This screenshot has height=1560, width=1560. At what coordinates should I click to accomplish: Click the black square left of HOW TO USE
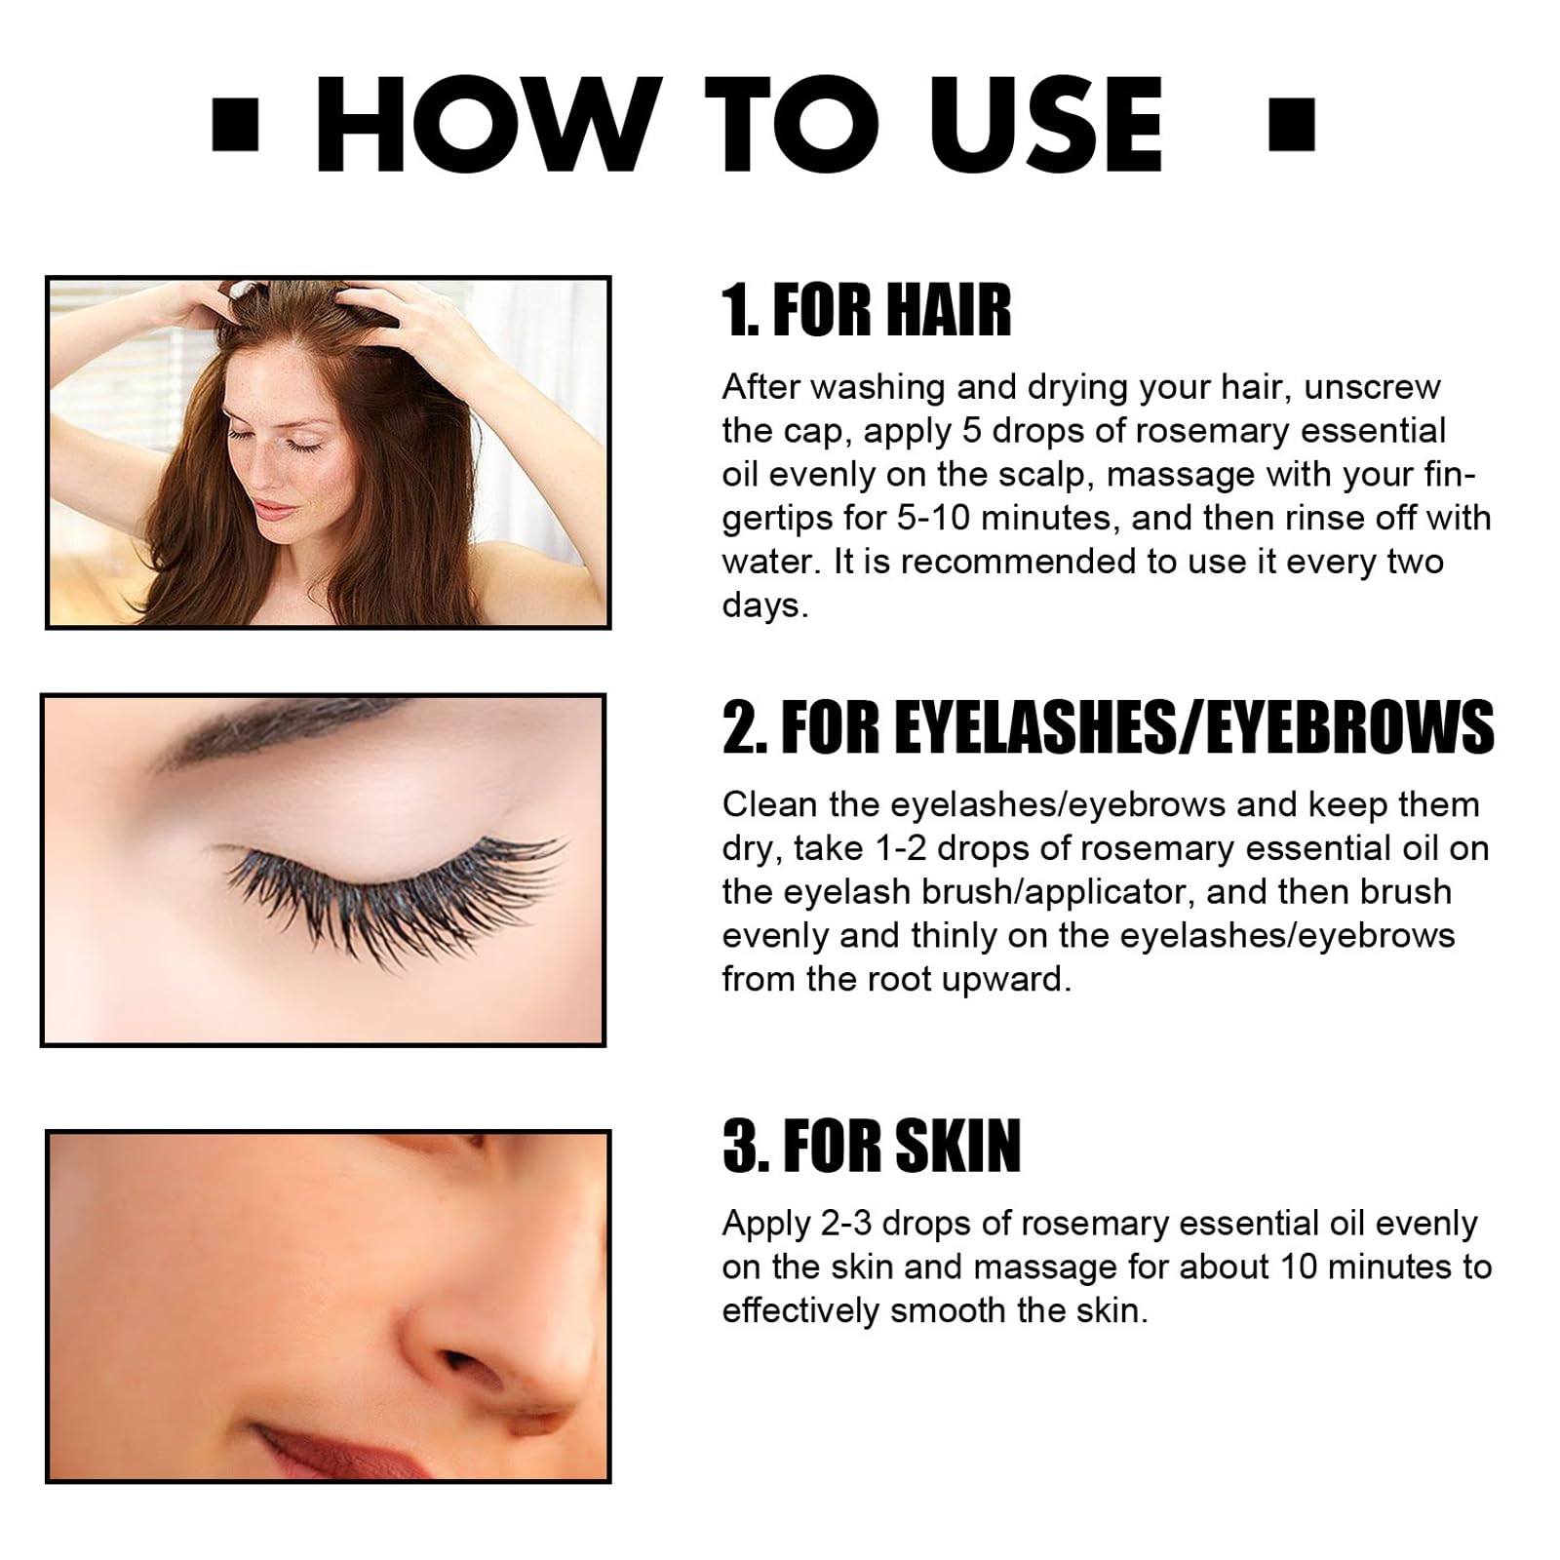click(235, 125)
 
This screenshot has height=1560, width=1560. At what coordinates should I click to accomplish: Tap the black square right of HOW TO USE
click(1292, 125)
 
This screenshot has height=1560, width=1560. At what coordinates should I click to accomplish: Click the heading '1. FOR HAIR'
click(867, 311)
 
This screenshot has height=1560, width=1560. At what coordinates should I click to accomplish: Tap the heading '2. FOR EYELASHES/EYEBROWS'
click(1109, 727)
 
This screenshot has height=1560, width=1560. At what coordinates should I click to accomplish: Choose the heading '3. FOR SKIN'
click(872, 1146)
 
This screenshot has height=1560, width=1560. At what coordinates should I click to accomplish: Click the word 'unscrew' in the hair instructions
click(1372, 387)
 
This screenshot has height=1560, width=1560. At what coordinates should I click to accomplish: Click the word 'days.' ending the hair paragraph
click(765, 605)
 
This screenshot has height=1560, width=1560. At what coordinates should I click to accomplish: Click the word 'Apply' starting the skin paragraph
click(766, 1225)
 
